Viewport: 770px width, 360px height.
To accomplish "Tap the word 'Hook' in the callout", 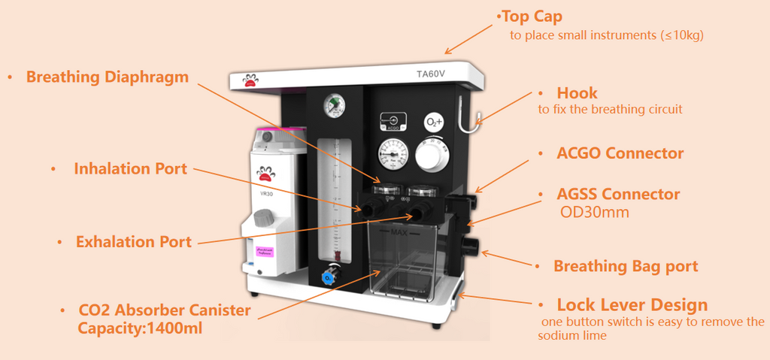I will pos(577,93).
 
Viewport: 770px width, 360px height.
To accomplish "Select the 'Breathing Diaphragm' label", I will pos(108,77).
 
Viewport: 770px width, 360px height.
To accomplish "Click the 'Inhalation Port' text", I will pos(130,169).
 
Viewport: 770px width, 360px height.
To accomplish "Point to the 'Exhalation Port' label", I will pos(133,242).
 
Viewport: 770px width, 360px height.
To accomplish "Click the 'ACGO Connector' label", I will pos(620,153).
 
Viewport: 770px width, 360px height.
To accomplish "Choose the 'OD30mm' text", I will pos(595,213).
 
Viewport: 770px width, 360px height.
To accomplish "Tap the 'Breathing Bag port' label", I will pos(626,266).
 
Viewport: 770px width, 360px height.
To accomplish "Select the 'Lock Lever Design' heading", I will pos(632,305).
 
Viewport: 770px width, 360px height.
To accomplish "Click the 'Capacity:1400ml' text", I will pos(140,328).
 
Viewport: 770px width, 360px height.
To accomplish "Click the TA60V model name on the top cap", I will pos(430,74).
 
